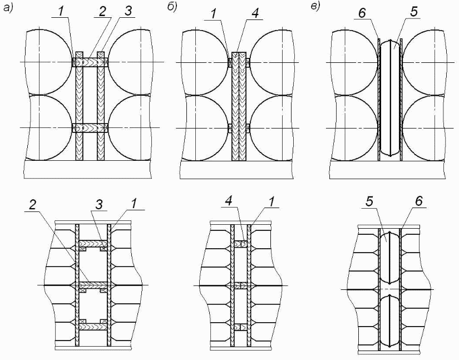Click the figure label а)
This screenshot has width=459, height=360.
pyautogui.click(x=8, y=8)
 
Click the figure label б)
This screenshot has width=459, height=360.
pyautogui.click(x=172, y=8)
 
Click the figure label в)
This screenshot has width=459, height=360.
pyautogui.click(x=315, y=7)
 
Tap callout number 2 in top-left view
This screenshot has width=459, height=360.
pyautogui.click(x=102, y=12)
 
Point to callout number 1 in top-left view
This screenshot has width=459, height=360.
pyautogui.click(x=61, y=12)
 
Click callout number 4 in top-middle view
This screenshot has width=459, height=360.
pyautogui.click(x=255, y=14)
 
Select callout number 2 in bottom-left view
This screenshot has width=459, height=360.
pyautogui.click(x=32, y=205)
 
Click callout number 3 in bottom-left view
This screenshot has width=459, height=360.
pyautogui.click(x=99, y=204)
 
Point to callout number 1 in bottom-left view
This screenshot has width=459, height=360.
pyautogui.click(x=134, y=204)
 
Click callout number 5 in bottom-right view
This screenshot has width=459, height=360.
pyautogui.click(x=370, y=202)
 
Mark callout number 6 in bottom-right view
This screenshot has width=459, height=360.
pyautogui.click(x=418, y=201)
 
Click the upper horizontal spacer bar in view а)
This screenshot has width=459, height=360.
pyautogui.click(x=90, y=62)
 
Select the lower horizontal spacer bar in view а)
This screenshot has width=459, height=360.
pyautogui.click(x=90, y=128)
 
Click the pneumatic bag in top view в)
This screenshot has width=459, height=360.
pyautogui.click(x=390, y=98)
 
